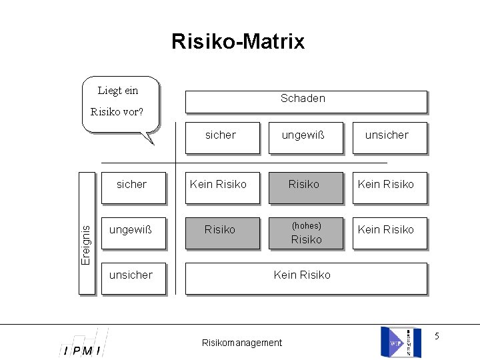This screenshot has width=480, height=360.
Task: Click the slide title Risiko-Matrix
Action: coord(238,41)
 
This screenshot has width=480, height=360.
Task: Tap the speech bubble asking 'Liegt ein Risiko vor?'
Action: coord(119,102)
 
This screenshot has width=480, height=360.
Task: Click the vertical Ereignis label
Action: coord(87,233)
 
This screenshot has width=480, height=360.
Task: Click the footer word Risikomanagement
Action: coord(242,343)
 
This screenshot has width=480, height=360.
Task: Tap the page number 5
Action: coord(437,336)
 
